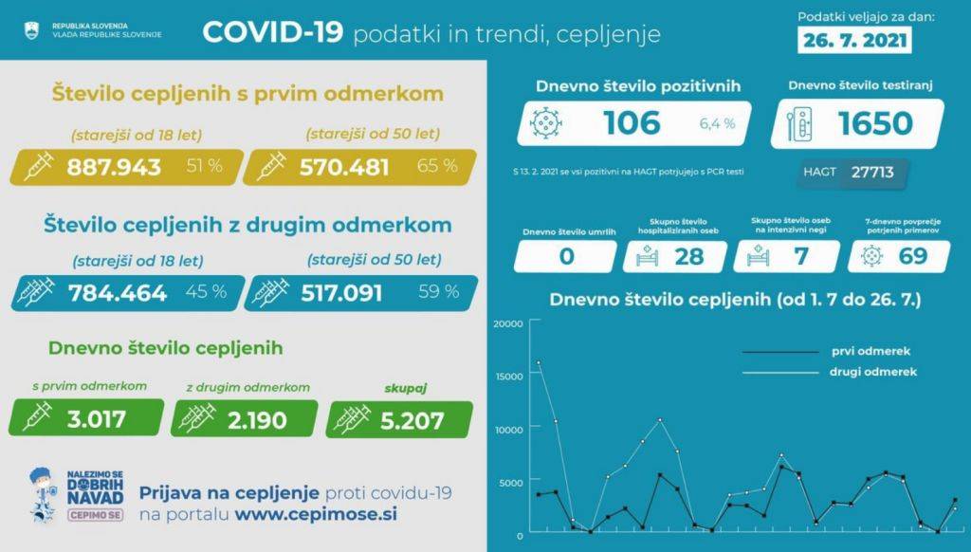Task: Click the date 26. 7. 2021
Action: click(x=854, y=42)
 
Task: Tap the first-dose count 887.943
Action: click(x=114, y=167)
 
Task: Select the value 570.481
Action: click(x=344, y=167)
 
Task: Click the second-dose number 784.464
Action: click(x=118, y=292)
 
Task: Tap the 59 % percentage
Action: click(x=438, y=291)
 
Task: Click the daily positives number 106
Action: click(x=632, y=123)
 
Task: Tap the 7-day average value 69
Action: click(x=911, y=256)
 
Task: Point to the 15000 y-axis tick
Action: click(x=509, y=377)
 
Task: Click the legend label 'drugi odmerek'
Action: click(x=873, y=372)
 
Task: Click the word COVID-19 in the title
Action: click(x=271, y=33)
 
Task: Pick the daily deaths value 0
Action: click(x=566, y=256)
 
